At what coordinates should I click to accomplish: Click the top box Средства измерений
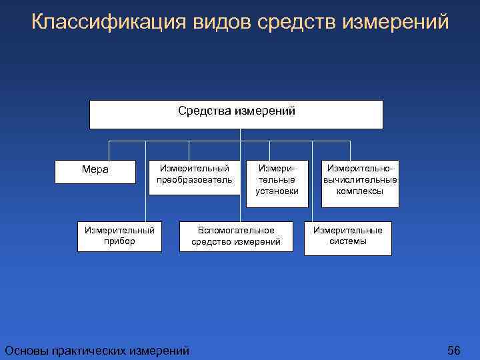pos(236,114)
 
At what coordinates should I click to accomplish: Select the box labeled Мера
pos(95,170)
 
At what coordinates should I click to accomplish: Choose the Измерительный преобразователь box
pos(194,177)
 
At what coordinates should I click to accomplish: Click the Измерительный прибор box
pos(119,236)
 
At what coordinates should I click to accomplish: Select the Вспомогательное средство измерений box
pos(236,236)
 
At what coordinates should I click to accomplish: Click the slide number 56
pos(454,350)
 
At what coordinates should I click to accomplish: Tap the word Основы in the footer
pos(25,350)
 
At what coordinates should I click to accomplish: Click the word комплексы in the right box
pos(360,191)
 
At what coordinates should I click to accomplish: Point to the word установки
pos(277,191)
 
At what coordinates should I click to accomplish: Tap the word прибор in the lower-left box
pos(119,241)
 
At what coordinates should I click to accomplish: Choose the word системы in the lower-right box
pos(348,241)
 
